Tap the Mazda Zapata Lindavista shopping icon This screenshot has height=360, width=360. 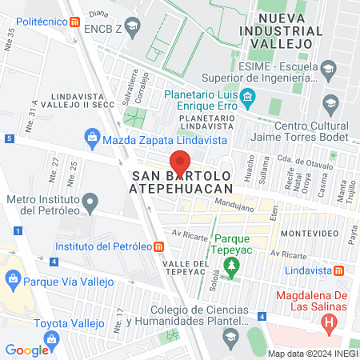point(93,138)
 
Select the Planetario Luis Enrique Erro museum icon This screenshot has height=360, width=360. point(248,101)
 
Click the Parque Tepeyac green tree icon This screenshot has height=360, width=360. point(232,266)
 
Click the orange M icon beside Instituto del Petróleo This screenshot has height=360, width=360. point(161,246)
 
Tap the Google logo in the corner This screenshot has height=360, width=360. point(27,350)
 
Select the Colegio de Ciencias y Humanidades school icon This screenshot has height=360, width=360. point(232,335)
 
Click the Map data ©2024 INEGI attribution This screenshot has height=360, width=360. point(311,354)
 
